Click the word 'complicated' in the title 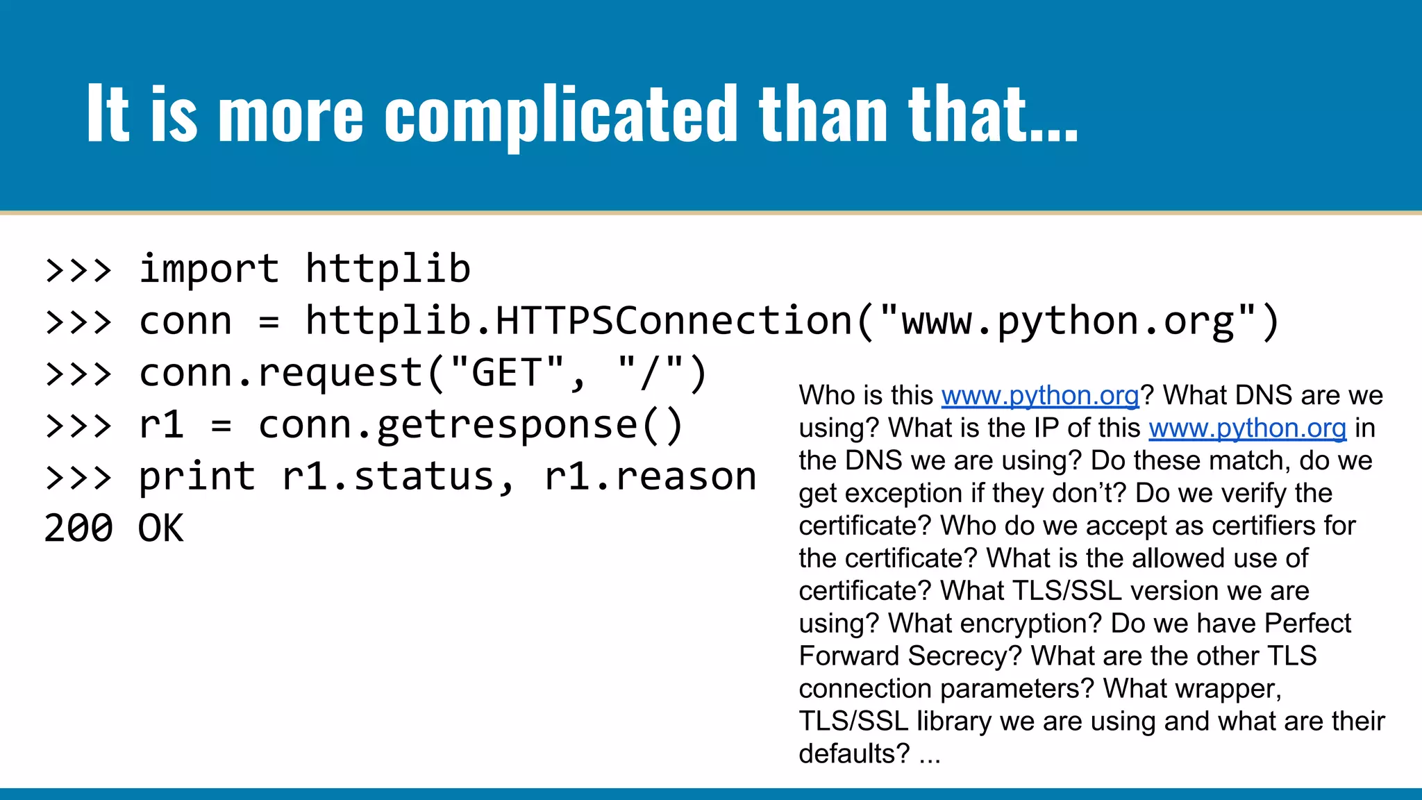(x=560, y=115)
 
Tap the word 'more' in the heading (x=290, y=115)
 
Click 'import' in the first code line (x=209, y=269)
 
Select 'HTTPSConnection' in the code (x=674, y=321)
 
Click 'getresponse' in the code (x=507, y=425)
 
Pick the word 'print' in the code (x=197, y=477)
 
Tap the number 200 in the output (x=78, y=528)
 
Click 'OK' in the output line (x=161, y=528)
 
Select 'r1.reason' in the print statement (x=651, y=477)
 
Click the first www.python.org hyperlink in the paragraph (x=1040, y=396)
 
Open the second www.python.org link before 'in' (x=1247, y=428)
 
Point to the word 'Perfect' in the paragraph (x=1307, y=624)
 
